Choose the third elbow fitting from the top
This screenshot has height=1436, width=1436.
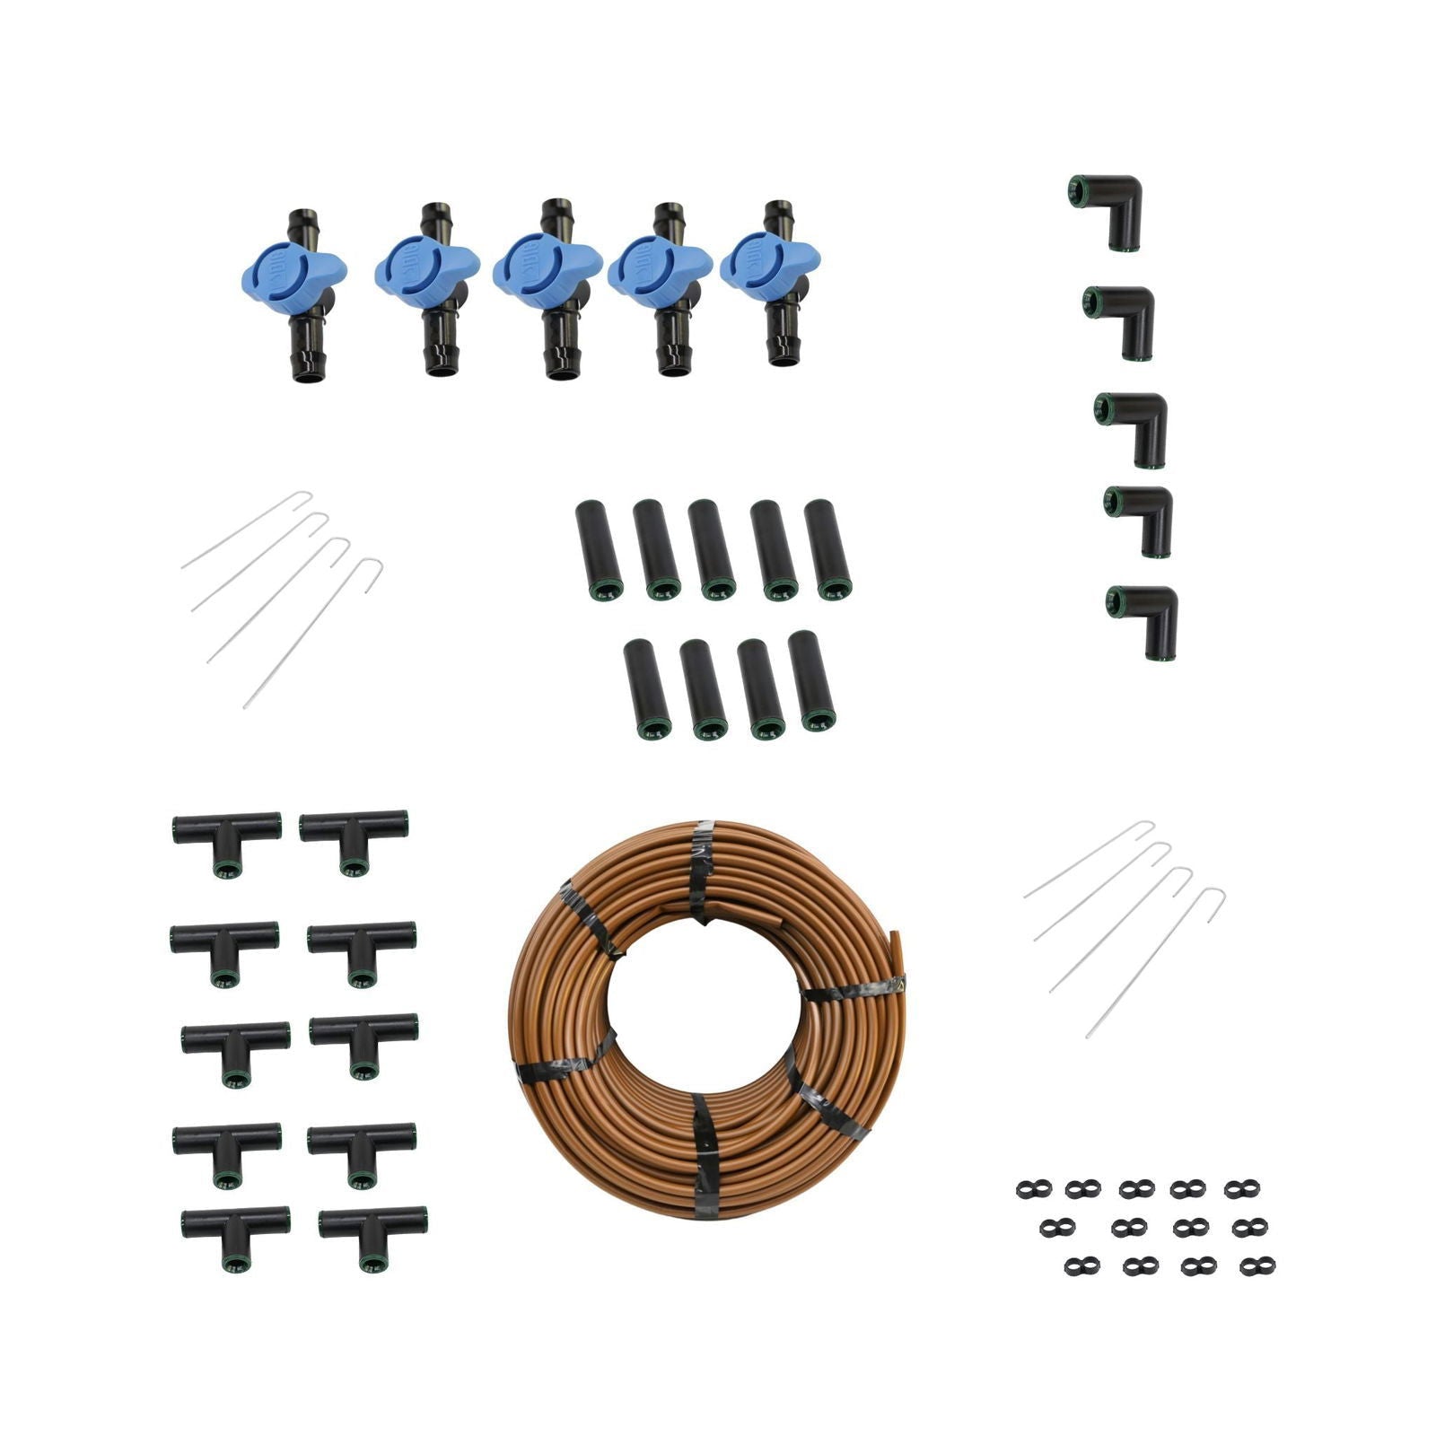click(x=1134, y=422)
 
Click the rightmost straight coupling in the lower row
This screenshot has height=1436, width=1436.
click(x=812, y=679)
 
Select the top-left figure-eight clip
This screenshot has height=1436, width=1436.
click(x=1032, y=1189)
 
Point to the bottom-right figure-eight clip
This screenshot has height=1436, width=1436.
click(x=1257, y=1265)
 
